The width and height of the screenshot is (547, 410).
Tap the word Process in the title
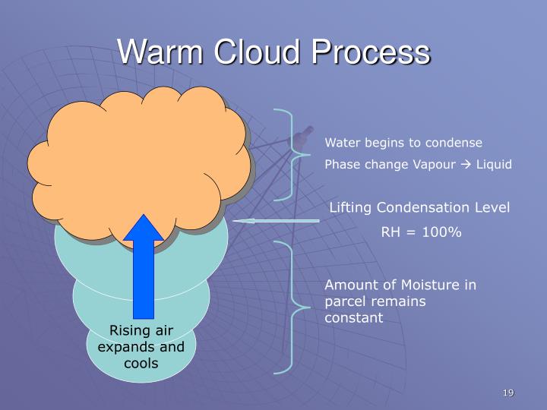(374, 53)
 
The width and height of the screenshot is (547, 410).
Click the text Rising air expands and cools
(141, 346)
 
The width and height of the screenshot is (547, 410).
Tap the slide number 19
(508, 393)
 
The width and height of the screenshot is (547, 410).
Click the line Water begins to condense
(403, 143)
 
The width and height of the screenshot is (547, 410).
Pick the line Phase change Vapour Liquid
(419, 165)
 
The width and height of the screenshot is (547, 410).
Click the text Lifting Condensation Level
(420, 208)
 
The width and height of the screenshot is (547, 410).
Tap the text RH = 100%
(421, 232)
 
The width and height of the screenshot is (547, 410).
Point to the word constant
(354, 318)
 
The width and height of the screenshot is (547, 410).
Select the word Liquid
(495, 165)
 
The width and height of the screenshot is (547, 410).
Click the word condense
(454, 143)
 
